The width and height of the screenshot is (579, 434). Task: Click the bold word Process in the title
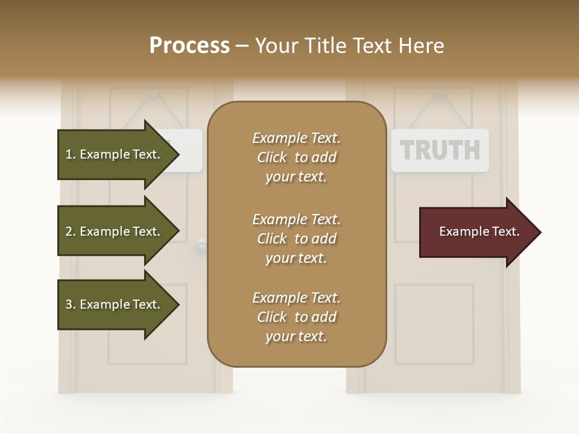point(189,46)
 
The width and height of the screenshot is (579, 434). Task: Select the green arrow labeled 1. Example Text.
point(115,154)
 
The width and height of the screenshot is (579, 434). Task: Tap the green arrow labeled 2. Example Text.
point(115,231)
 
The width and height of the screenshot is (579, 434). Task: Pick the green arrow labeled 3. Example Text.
point(115,304)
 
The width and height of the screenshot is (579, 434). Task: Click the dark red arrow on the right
point(476,232)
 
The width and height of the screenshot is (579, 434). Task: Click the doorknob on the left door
point(201,245)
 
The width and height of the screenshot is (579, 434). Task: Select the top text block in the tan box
point(296,157)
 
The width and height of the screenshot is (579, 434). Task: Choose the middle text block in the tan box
point(296,239)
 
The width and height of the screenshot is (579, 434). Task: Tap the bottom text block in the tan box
point(296,317)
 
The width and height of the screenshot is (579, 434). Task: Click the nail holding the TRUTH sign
point(440,93)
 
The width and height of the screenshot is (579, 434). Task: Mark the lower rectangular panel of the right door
point(434,324)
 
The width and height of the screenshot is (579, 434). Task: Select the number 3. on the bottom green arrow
point(71,304)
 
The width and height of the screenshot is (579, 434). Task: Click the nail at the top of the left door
point(154,93)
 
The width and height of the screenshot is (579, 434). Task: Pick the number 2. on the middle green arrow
point(71,231)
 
